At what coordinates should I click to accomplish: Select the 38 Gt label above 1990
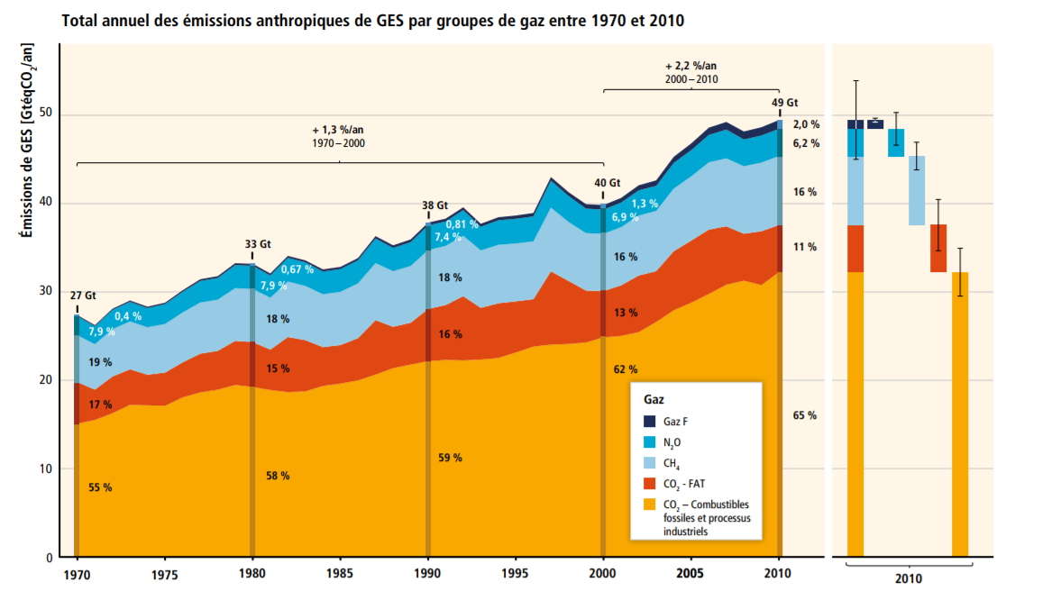(x=435, y=205)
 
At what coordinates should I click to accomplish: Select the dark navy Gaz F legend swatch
(x=649, y=421)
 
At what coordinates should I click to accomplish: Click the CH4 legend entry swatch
(x=649, y=464)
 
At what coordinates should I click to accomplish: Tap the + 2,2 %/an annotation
(x=691, y=67)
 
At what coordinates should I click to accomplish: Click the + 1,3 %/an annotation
(x=339, y=130)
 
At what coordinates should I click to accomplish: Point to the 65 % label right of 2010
(x=805, y=415)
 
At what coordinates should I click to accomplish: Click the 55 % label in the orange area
(x=100, y=487)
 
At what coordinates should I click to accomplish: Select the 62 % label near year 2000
(x=625, y=369)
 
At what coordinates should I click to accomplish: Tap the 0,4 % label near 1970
(x=128, y=315)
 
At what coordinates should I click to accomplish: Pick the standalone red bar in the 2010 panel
(x=938, y=248)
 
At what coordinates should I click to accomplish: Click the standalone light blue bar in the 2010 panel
(x=916, y=190)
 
